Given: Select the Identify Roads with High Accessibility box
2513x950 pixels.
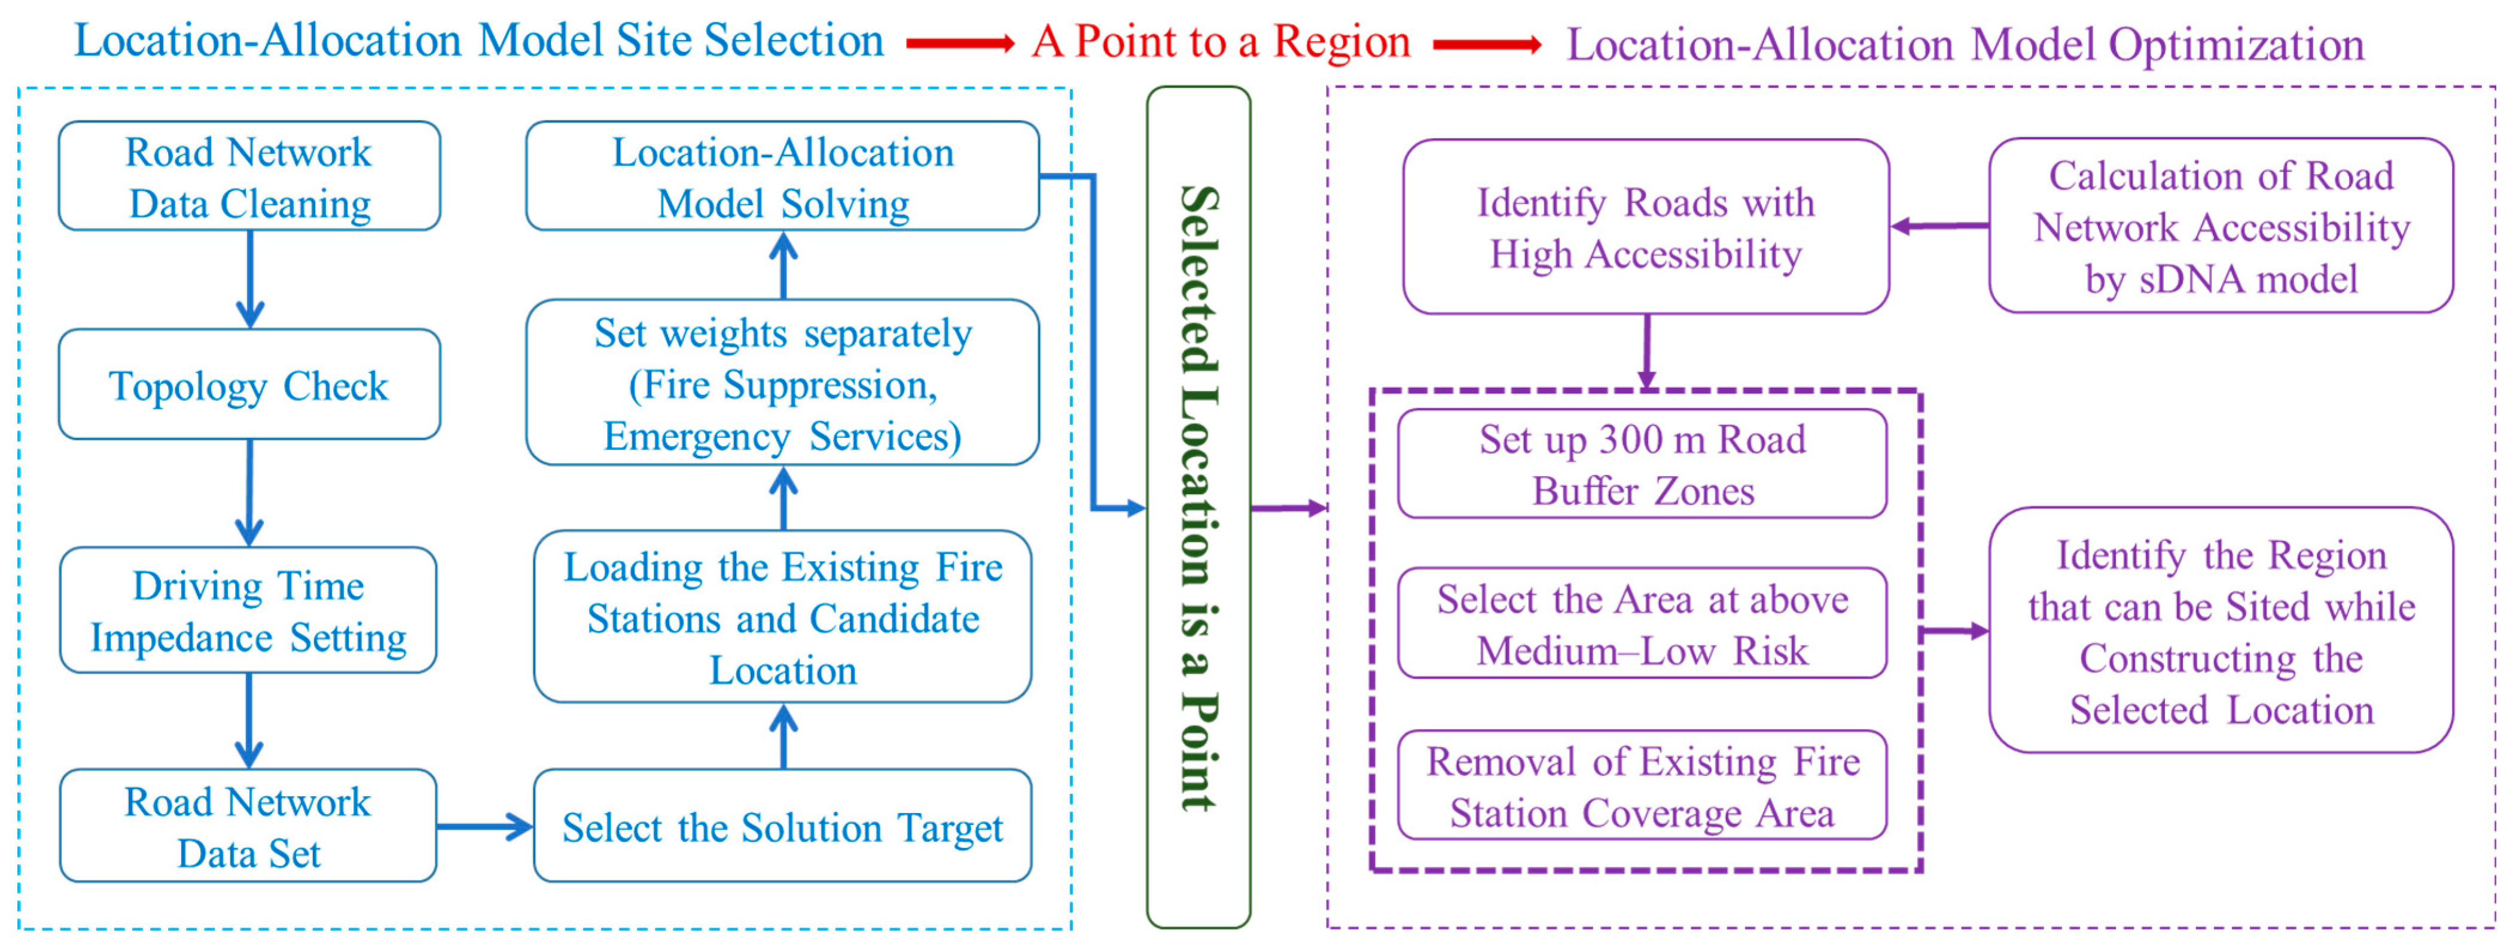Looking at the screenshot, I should coord(1646,227).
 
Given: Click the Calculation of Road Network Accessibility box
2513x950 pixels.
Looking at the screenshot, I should coord(2221,226).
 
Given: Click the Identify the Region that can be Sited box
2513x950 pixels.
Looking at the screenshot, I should coord(2221,631).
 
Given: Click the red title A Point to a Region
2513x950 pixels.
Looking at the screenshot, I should coord(1221,42).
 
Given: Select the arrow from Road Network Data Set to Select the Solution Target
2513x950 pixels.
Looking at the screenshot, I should coord(485,828).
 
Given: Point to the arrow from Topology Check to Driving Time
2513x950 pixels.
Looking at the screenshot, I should coord(250,492).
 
